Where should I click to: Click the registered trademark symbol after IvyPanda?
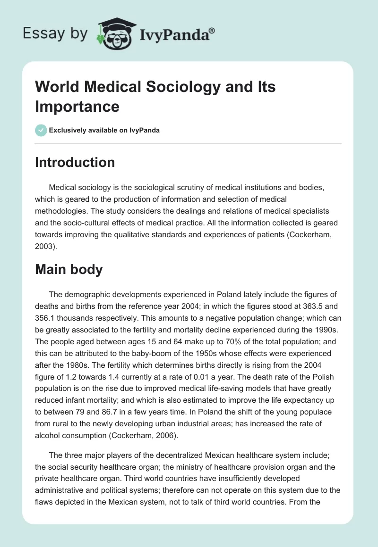click(212, 30)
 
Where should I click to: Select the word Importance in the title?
click(77, 106)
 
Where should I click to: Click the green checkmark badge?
click(41, 130)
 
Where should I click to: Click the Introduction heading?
click(75, 162)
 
